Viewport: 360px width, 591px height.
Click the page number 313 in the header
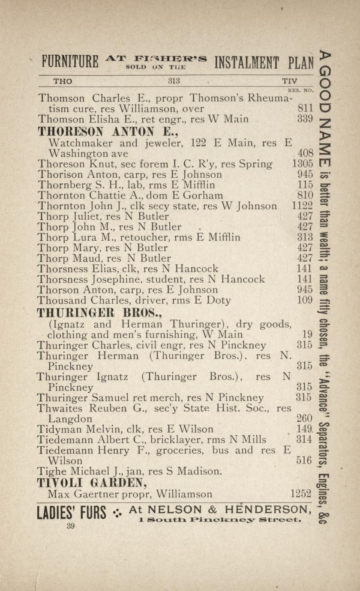(x=174, y=81)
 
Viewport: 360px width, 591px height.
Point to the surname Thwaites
(x=60, y=408)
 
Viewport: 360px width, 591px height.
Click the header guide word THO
(x=63, y=81)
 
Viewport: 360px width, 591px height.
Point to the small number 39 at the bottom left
(x=71, y=527)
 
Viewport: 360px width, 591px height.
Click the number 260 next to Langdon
(x=304, y=418)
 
